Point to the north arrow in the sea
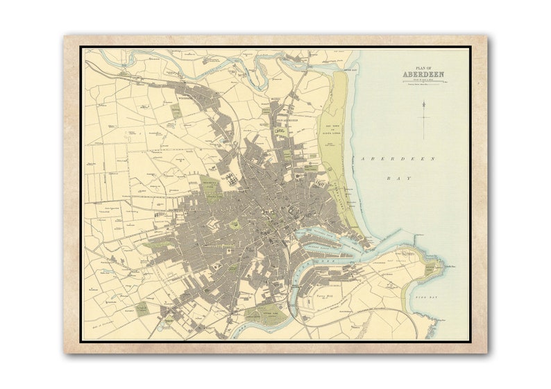(x=423, y=118)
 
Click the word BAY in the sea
(x=395, y=178)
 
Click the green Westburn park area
(x=209, y=185)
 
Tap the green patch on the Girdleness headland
(x=430, y=267)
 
